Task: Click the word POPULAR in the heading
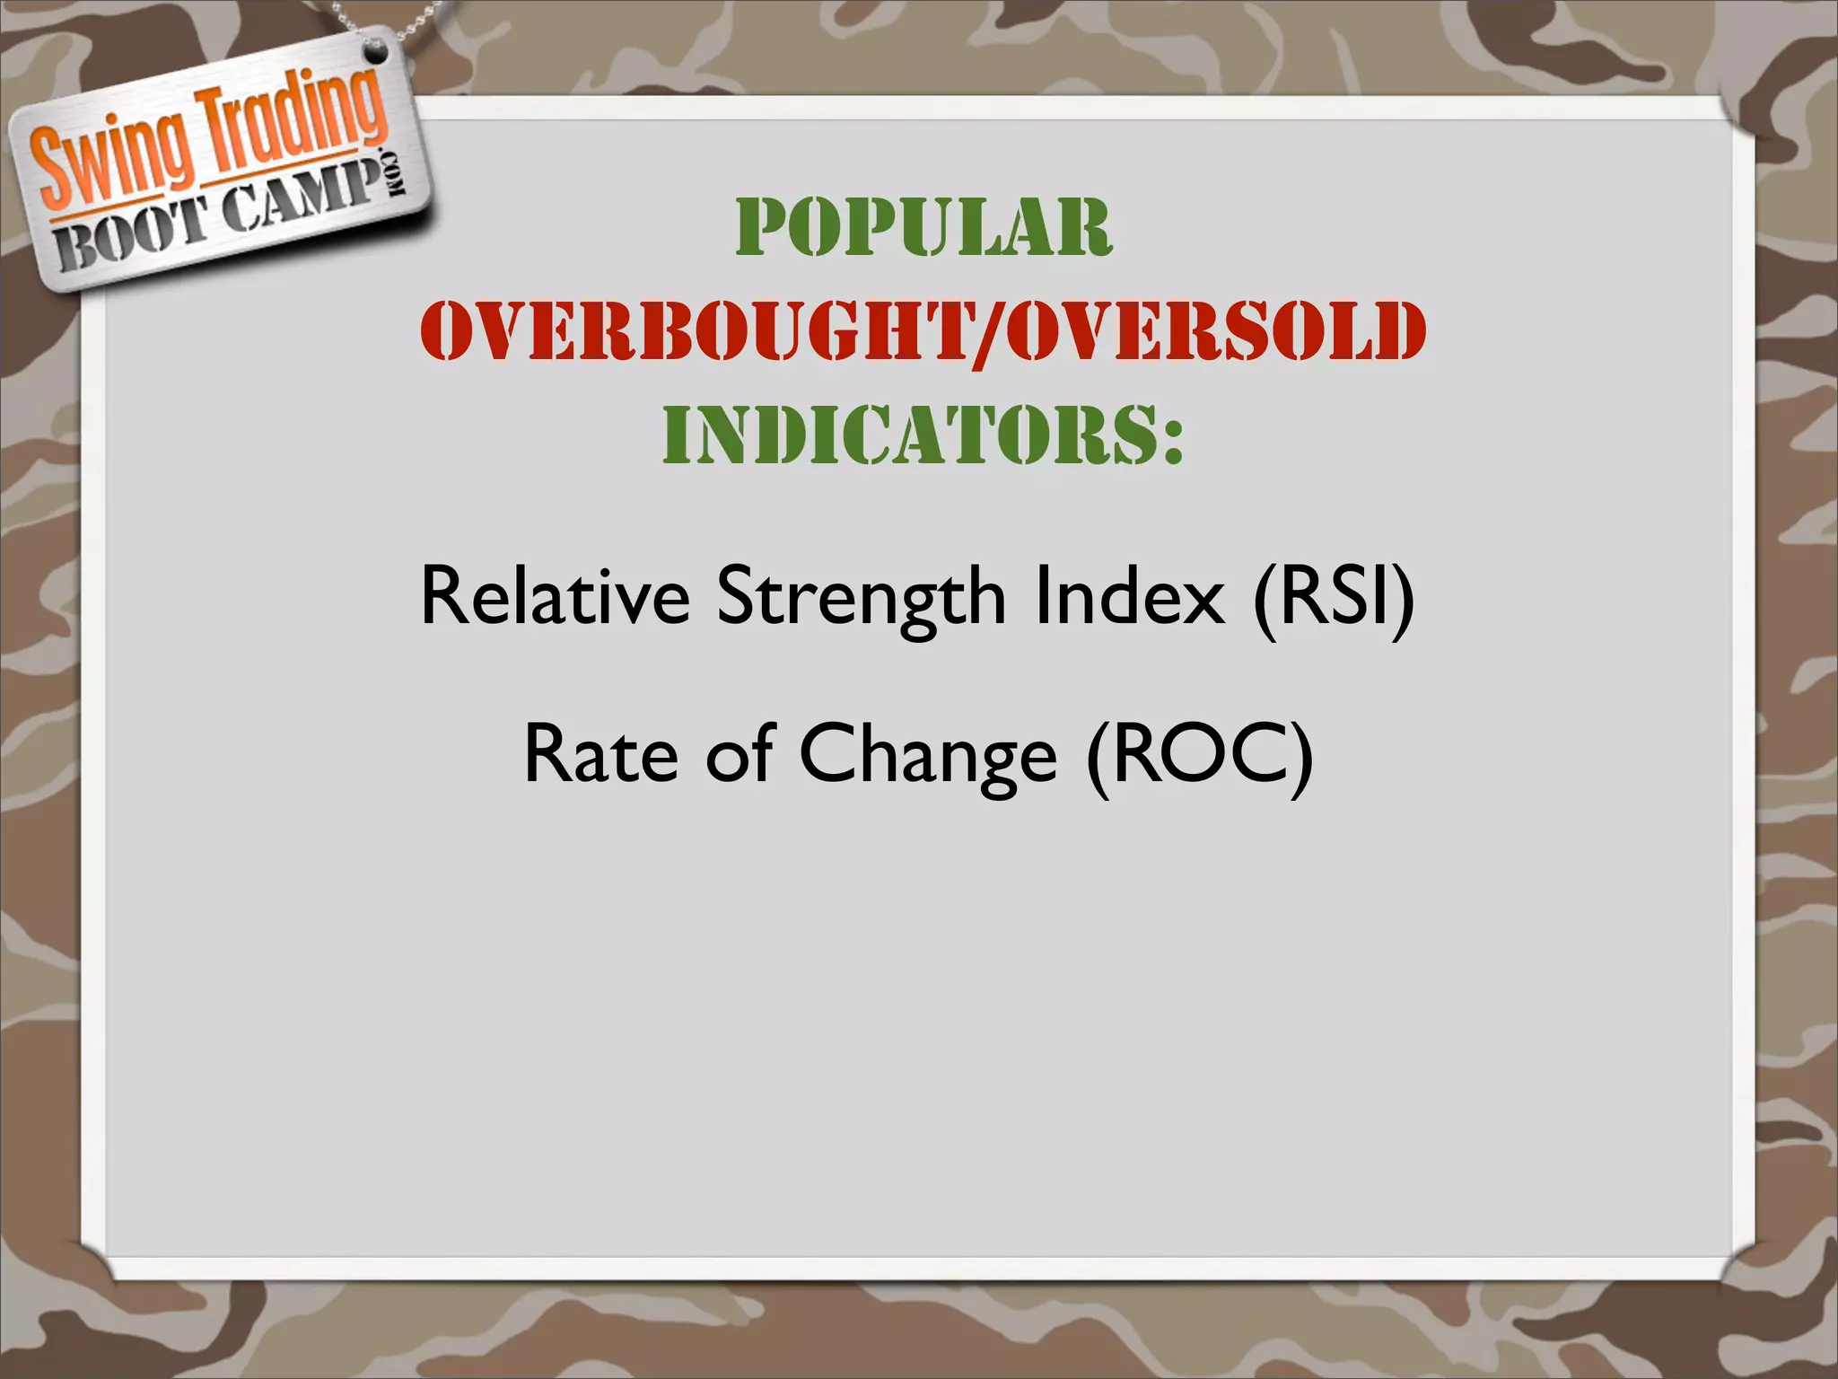(923, 228)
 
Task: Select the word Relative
(555, 596)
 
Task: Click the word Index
(1129, 596)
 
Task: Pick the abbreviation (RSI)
(1334, 598)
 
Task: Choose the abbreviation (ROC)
(1199, 754)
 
